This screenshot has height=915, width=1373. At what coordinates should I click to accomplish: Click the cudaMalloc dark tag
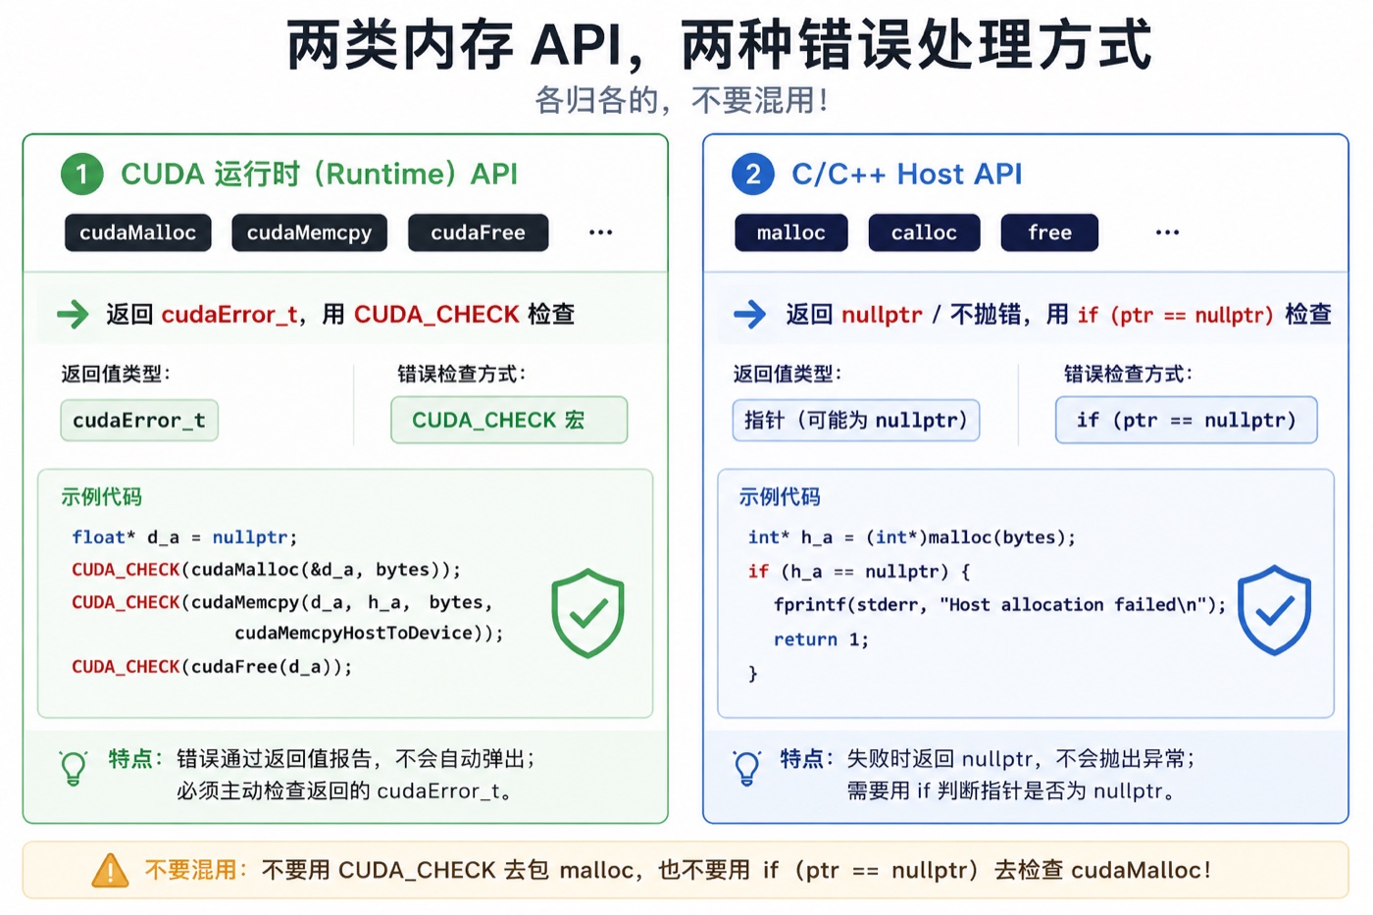pyautogui.click(x=138, y=232)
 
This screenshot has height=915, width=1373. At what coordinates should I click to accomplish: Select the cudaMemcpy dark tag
pyautogui.click(x=310, y=232)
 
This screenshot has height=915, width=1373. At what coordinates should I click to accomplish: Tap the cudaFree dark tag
pyautogui.click(x=479, y=232)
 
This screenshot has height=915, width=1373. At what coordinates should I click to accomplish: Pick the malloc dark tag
pyautogui.click(x=791, y=232)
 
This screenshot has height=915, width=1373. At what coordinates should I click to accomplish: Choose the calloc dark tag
pyautogui.click(x=924, y=232)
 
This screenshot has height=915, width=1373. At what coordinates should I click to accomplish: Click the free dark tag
pyautogui.click(x=1050, y=232)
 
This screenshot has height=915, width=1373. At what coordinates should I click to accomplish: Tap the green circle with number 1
pyautogui.click(x=82, y=174)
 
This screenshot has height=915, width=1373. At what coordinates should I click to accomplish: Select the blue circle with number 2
pyautogui.click(x=753, y=174)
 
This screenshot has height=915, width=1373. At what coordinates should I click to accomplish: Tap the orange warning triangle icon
pyautogui.click(x=110, y=871)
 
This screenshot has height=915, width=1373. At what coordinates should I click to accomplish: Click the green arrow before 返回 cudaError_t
pyautogui.click(x=73, y=315)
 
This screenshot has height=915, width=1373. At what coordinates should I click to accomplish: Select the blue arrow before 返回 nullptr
pyautogui.click(x=749, y=315)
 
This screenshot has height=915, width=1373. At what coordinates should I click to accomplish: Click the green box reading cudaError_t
pyautogui.click(x=139, y=421)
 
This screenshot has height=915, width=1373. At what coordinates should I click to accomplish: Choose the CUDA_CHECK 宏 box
pyautogui.click(x=509, y=420)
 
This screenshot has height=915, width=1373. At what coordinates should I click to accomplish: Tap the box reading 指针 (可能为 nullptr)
pyautogui.click(x=856, y=421)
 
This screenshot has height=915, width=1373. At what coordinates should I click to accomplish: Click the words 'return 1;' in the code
pyautogui.click(x=822, y=639)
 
